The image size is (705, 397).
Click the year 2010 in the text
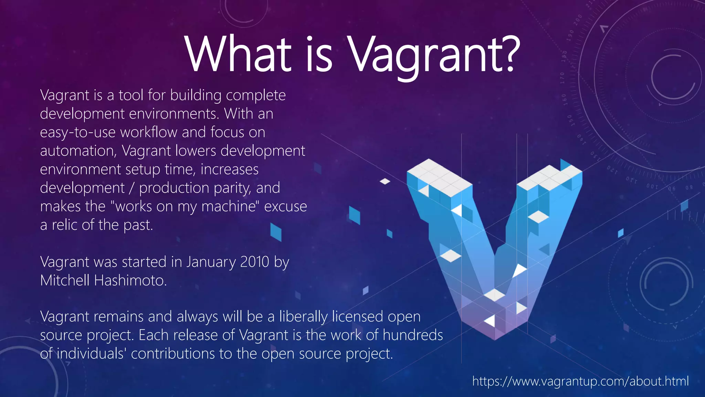tap(254, 262)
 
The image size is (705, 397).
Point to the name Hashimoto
tap(130, 281)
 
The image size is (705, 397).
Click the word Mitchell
tap(65, 281)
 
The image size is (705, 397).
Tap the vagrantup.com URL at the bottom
tap(580, 381)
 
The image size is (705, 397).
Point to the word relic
tap(64, 225)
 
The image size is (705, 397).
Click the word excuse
tap(285, 206)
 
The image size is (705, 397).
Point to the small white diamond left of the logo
tap(385, 181)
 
